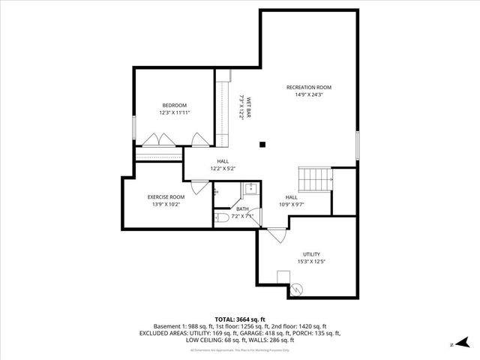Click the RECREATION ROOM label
point(308,88)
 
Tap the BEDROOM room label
point(174,105)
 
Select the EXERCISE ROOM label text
point(166,196)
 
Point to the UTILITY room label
point(312,254)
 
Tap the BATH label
point(242,209)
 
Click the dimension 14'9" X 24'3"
point(308,95)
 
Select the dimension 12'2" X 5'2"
point(223,169)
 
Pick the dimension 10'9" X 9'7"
point(291,204)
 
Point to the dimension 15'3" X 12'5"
point(312,262)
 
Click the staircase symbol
point(315,179)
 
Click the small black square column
point(262,145)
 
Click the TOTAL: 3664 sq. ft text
point(239,319)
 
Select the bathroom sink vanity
point(252,189)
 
